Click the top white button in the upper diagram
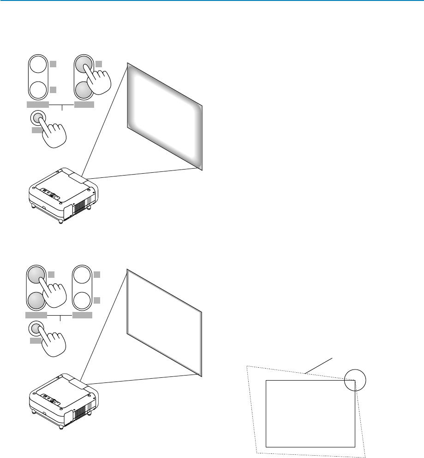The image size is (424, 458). pyautogui.click(x=38, y=65)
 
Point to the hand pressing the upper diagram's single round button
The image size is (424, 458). pyautogui.click(x=52, y=134)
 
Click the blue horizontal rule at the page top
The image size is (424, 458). pyautogui.click(x=212, y=1)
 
